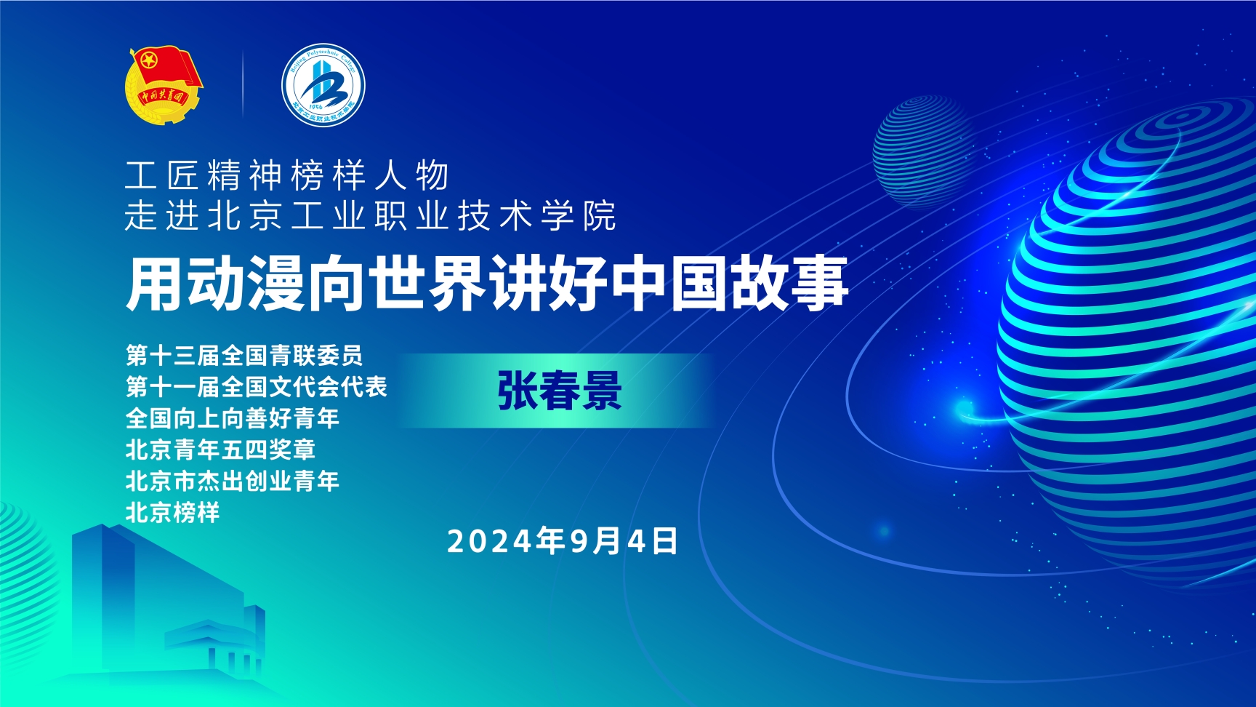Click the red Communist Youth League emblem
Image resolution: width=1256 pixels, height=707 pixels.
click(164, 84)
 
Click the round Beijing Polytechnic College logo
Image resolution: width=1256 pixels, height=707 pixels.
click(323, 84)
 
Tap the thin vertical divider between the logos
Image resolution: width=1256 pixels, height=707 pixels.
click(243, 84)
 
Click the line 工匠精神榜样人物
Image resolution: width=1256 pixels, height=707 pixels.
click(287, 175)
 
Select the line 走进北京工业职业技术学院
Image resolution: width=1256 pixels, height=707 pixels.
click(371, 215)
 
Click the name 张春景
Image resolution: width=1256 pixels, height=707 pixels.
click(560, 391)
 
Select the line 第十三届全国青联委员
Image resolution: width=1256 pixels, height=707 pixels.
click(244, 355)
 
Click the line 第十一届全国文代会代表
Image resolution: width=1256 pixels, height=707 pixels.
click(257, 386)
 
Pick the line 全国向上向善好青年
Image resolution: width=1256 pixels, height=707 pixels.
click(233, 418)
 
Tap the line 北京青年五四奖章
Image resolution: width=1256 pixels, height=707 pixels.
click(221, 450)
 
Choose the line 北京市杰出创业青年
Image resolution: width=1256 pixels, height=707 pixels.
click(233, 481)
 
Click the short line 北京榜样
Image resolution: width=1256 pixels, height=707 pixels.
click(173, 512)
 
